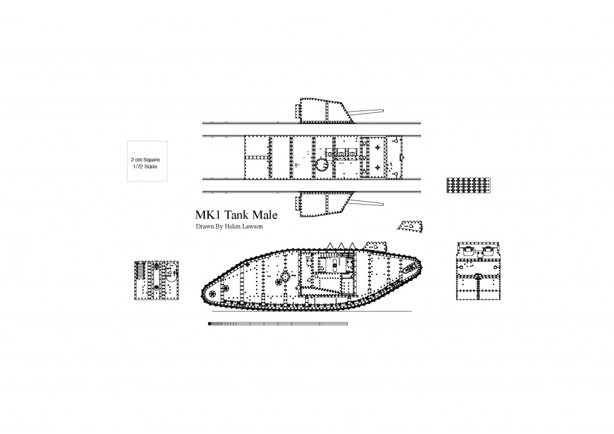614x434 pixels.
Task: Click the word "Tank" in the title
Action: coord(236,215)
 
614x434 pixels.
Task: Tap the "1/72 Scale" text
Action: coord(145,167)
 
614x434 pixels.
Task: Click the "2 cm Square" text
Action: coord(145,160)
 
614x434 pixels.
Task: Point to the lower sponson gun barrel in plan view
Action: coord(366,202)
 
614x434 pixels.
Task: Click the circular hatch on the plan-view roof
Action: coord(322,166)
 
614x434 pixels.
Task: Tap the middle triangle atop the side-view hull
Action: coord(341,246)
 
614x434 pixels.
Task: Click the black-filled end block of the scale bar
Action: coord(210,324)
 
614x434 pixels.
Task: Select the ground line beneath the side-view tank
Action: coord(312,312)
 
